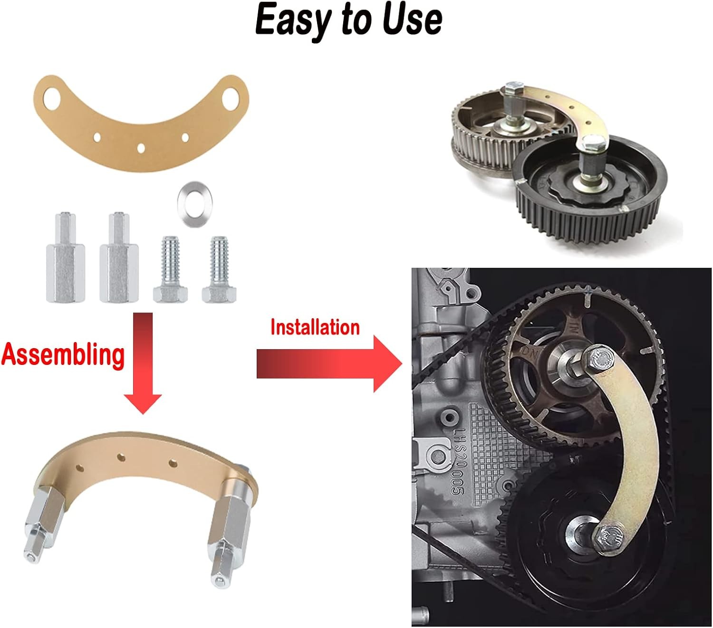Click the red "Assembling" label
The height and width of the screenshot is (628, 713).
[63, 355]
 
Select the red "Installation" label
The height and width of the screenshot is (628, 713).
[315, 328]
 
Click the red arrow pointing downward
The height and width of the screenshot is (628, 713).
[143, 363]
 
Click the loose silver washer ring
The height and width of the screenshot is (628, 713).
[194, 204]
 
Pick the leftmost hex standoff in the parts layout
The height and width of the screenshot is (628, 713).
[66, 257]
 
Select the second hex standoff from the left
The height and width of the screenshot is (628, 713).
[119, 257]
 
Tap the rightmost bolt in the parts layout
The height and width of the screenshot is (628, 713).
[219, 269]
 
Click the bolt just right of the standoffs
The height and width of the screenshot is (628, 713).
[170, 269]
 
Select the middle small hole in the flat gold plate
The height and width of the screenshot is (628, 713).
[141, 148]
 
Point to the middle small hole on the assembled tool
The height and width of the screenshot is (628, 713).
[121, 458]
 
